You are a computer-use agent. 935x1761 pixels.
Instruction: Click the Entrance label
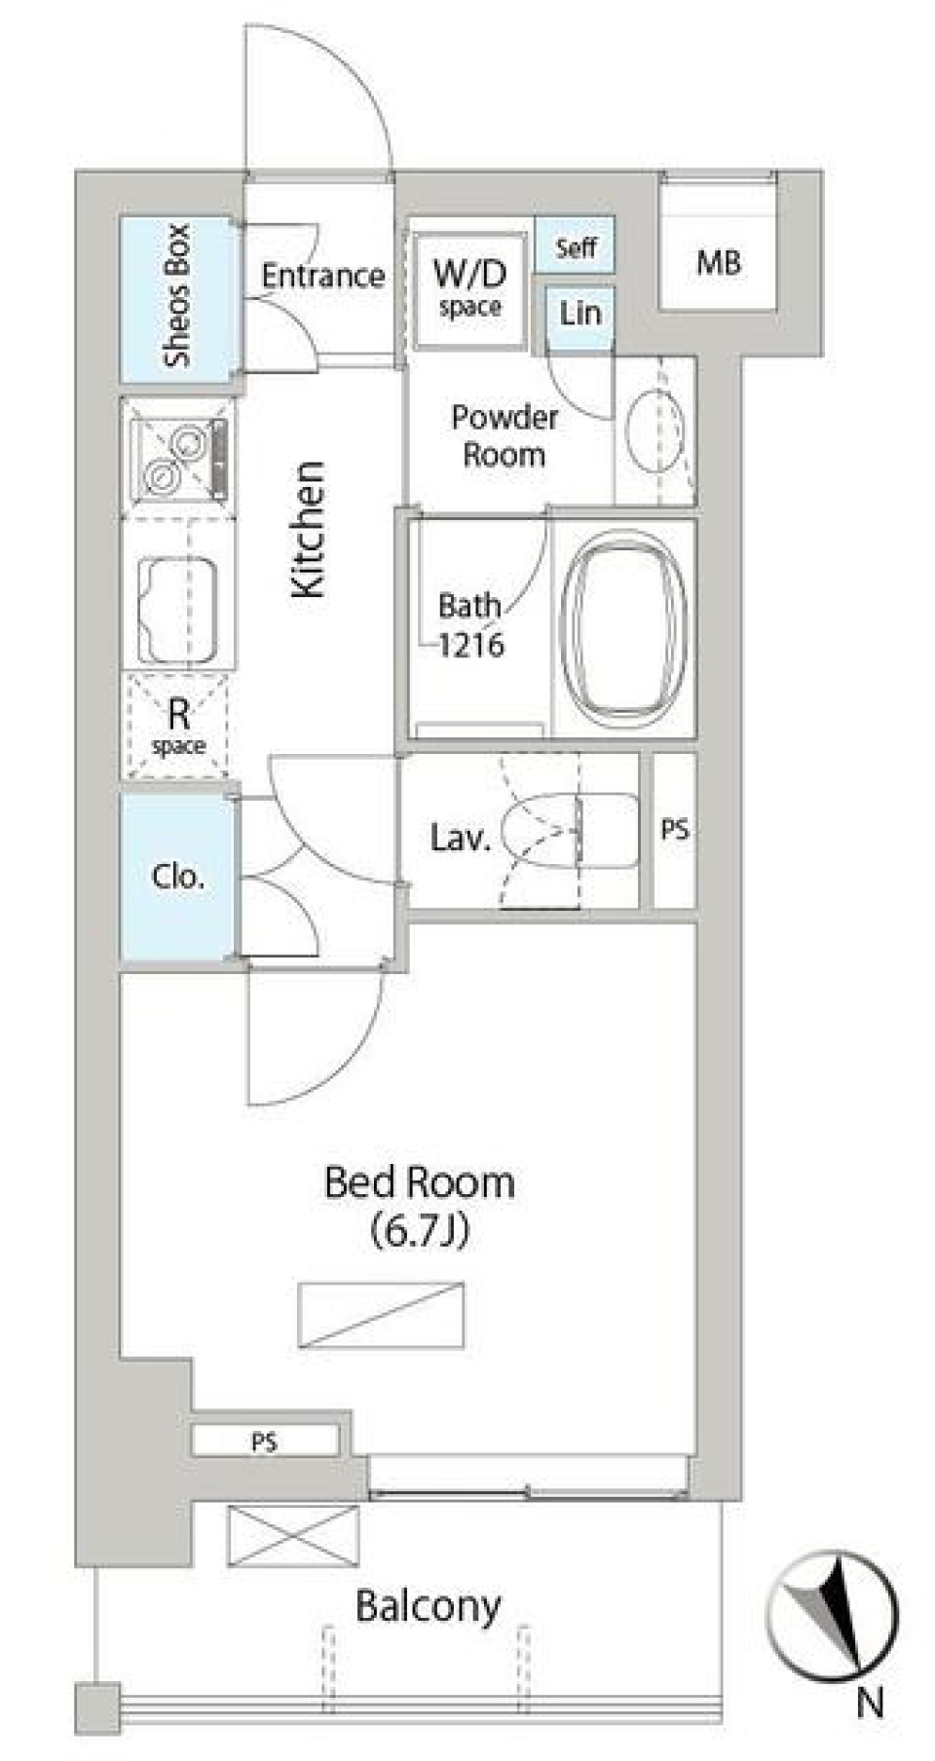(322, 276)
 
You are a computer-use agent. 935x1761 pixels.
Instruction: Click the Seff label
(576, 247)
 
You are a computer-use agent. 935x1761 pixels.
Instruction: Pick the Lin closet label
(580, 313)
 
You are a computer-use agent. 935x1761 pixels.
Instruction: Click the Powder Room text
(504, 435)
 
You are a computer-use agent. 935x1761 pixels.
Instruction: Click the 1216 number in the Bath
(470, 644)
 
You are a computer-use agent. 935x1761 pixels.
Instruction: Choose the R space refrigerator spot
(177, 726)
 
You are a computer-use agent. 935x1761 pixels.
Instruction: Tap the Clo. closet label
(178, 877)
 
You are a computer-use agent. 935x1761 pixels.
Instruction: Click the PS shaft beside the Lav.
(675, 830)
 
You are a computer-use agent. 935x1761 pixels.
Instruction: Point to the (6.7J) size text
(420, 1232)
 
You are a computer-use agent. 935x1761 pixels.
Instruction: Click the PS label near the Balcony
(264, 1441)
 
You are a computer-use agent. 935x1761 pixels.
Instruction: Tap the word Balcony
(428, 1606)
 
